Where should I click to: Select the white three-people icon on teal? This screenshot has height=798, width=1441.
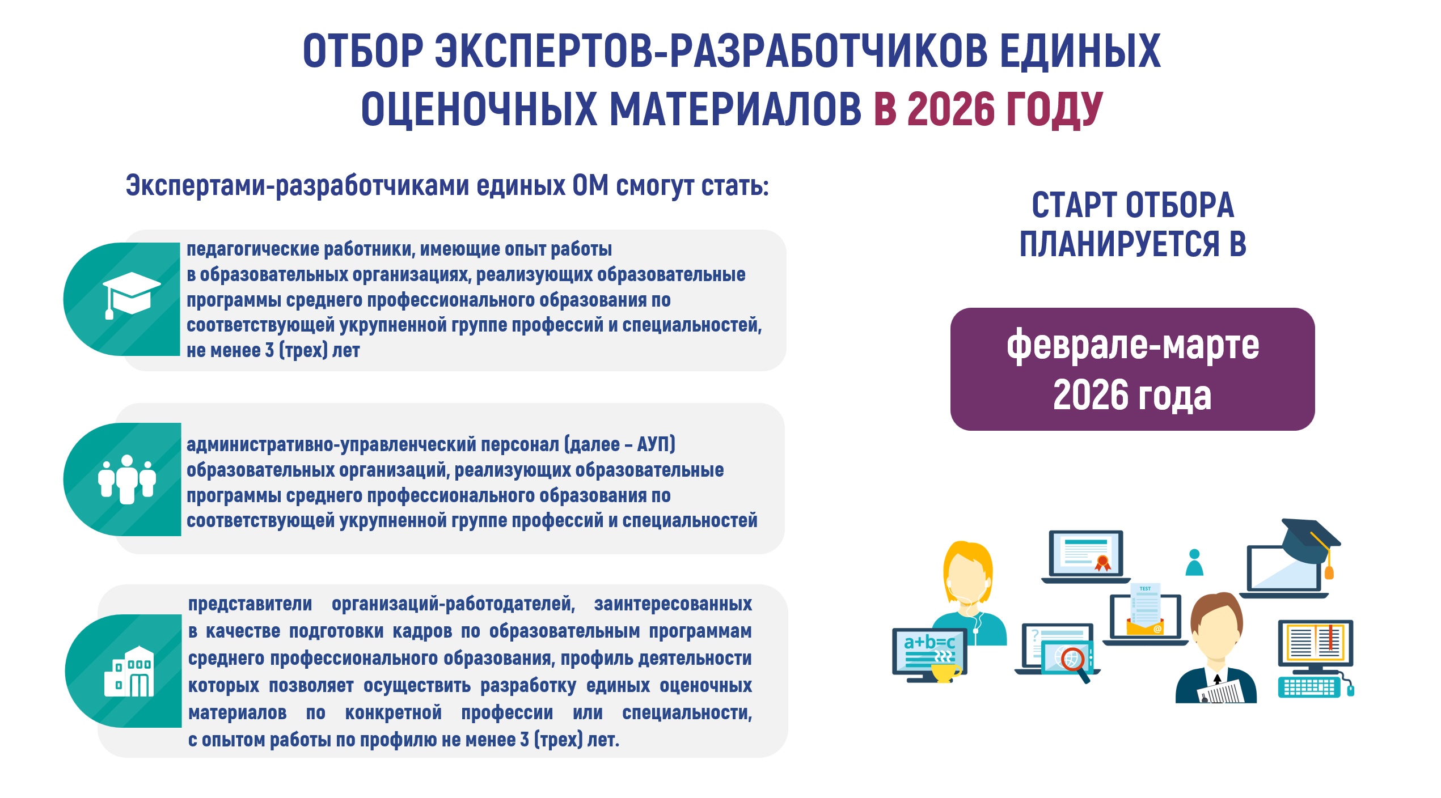pos(127,479)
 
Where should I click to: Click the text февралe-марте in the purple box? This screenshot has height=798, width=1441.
pos(1132,345)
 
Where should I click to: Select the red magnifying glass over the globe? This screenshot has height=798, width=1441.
pos(1075,664)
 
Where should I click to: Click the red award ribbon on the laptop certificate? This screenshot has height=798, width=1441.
pos(1102,563)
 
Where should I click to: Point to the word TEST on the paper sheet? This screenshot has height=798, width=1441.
pos(1145,588)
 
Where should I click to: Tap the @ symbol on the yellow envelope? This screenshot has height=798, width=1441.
pos(1157,629)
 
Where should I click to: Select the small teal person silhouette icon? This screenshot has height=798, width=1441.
pos(1194,562)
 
